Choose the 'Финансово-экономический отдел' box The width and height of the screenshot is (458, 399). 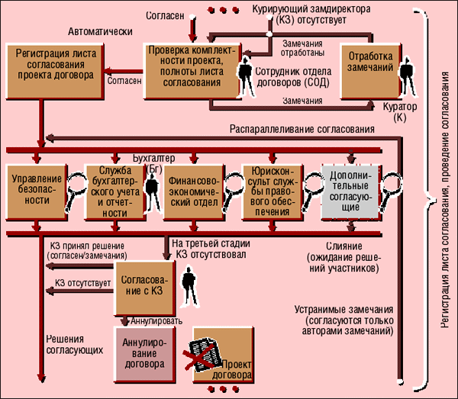point(192,191)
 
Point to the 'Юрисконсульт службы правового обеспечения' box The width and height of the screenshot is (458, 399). point(272,191)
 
